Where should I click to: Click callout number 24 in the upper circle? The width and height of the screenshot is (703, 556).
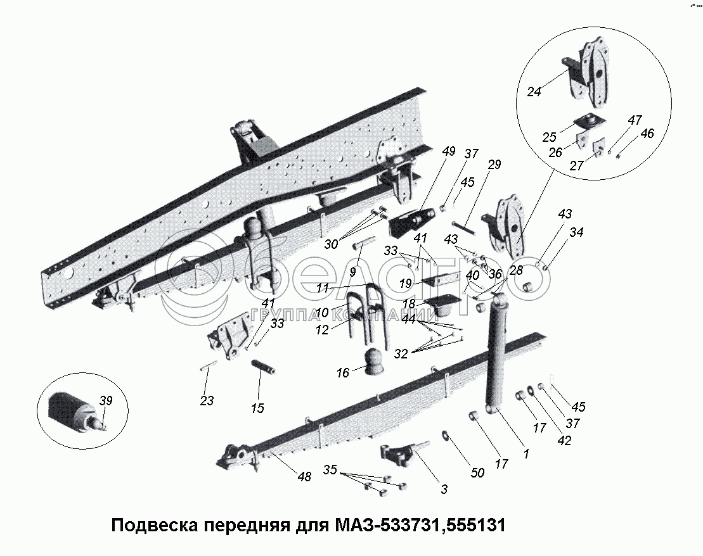click(534, 92)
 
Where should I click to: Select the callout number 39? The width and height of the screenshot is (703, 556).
click(106, 400)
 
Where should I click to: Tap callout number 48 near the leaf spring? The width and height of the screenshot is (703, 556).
click(304, 477)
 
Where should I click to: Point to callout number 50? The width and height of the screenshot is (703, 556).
click(477, 473)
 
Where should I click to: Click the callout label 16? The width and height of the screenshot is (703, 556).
click(342, 373)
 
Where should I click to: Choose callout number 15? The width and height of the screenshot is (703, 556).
click(257, 408)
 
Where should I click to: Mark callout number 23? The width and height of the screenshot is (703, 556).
click(206, 400)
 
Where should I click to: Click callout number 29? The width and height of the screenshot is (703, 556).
click(494, 165)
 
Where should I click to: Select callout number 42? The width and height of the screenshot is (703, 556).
click(563, 441)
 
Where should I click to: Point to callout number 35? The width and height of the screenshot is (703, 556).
click(330, 471)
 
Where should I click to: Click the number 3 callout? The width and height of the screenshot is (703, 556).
click(444, 489)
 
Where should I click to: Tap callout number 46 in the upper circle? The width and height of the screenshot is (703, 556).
click(647, 134)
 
